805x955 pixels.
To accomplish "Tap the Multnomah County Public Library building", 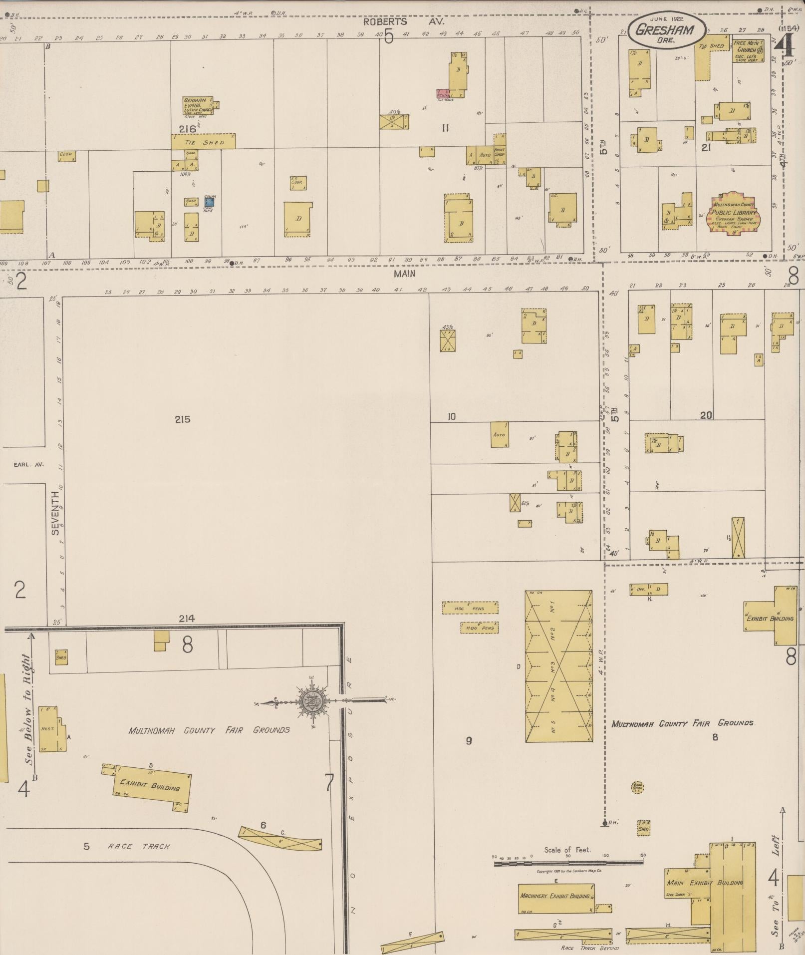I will pos(733,212).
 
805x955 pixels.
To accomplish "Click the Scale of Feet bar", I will pos(568,862).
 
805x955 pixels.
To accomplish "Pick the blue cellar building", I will pos(210,202).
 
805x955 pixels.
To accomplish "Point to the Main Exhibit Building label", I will pos(705,883).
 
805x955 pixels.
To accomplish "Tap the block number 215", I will pos(183,419).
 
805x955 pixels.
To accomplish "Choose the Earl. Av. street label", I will pos(29,464).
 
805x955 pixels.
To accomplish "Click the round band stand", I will pos(637,788).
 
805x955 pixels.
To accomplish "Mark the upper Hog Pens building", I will pos(470,608).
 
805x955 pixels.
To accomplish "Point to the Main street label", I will pos(404,273).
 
